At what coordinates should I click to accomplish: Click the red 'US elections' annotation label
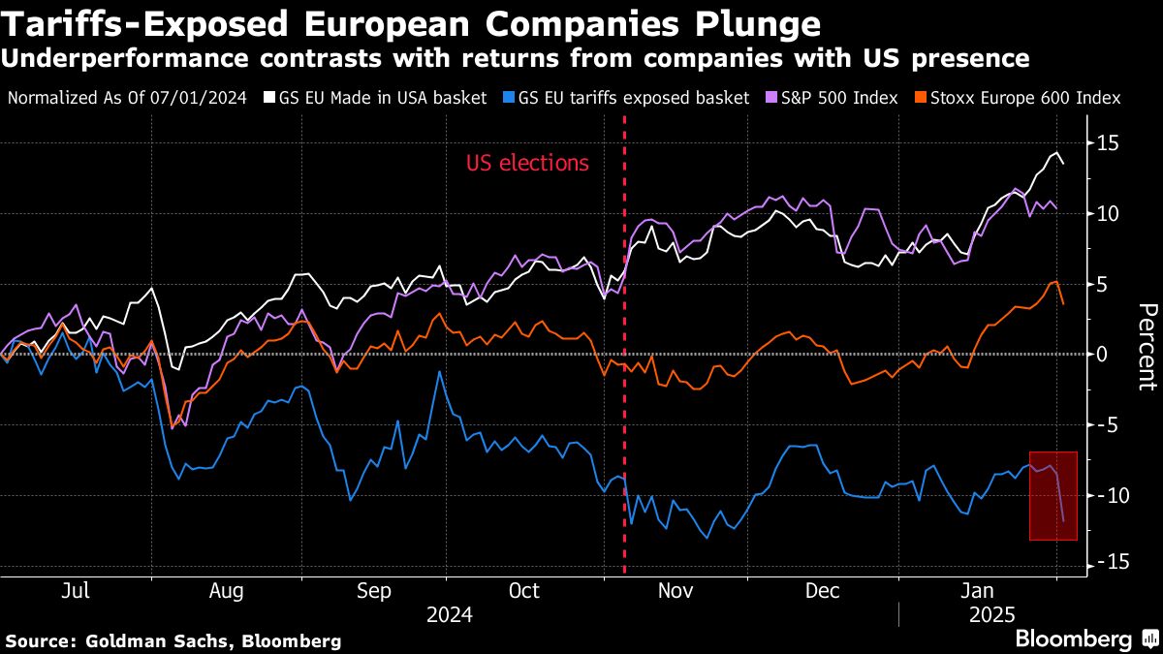pyautogui.click(x=527, y=163)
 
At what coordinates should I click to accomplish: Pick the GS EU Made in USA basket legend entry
pyautogui.click(x=374, y=98)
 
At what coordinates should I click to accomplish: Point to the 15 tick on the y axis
pyautogui.click(x=1109, y=143)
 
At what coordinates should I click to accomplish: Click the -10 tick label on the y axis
pyautogui.click(x=1106, y=495)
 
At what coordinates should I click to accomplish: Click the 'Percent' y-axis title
pyautogui.click(x=1146, y=346)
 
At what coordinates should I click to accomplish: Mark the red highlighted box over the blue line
pyautogui.click(x=1053, y=495)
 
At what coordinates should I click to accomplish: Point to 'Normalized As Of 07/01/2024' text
pyautogui.click(x=126, y=98)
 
